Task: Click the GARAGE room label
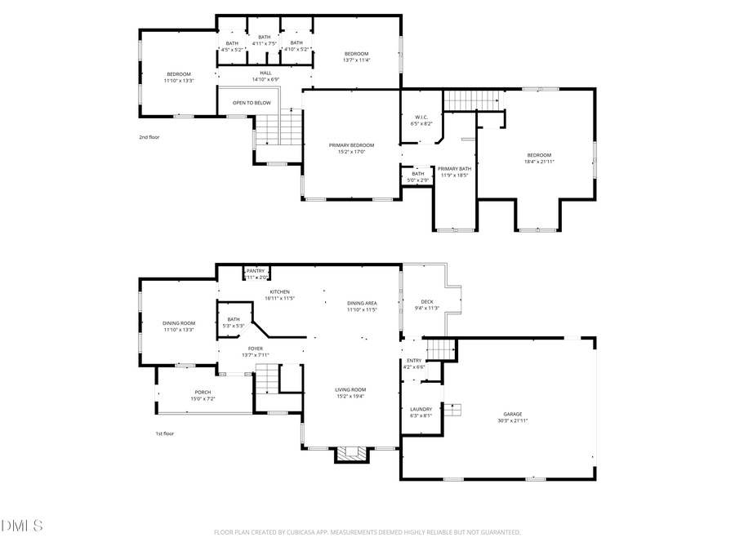(513, 414)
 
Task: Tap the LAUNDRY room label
(421, 409)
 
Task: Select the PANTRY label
(256, 271)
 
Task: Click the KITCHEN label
(279, 291)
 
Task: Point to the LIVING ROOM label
(350, 389)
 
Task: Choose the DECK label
(427, 301)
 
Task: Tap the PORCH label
(203, 392)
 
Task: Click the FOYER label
(256, 348)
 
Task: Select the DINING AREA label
(361, 303)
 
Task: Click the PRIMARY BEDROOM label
(351, 144)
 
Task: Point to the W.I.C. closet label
(421, 117)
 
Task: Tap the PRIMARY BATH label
(454, 168)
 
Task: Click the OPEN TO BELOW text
(252, 103)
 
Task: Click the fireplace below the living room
(353, 454)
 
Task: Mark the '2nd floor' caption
(149, 137)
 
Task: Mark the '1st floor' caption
(164, 433)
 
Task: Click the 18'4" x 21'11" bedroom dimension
(539, 162)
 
